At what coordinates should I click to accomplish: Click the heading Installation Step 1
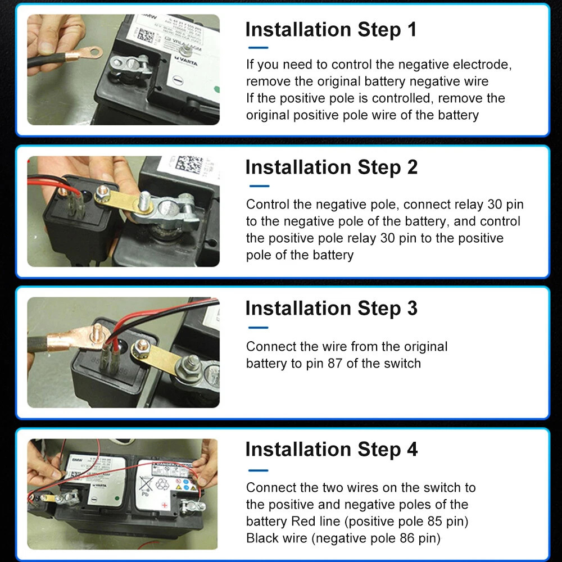pyautogui.click(x=331, y=30)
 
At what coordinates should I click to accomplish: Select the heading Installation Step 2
pyautogui.click(x=332, y=167)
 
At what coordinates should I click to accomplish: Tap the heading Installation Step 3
pyautogui.click(x=332, y=309)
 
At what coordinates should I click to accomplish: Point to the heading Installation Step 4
pyautogui.click(x=332, y=450)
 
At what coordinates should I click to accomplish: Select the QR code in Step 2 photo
pyautogui.click(x=188, y=164)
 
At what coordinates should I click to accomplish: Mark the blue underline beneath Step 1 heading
pyautogui.click(x=258, y=48)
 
